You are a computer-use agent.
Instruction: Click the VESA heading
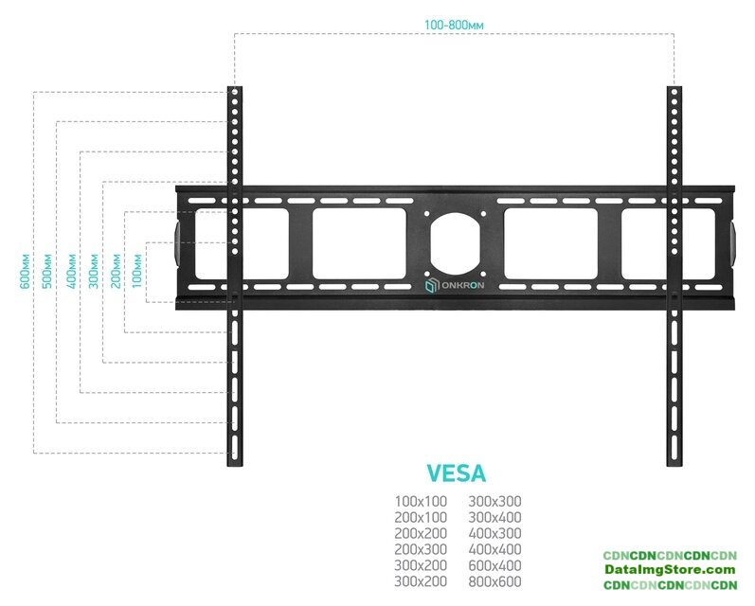click(x=457, y=473)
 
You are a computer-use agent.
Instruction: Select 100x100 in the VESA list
click(x=419, y=501)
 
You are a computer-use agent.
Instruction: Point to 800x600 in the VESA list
click(x=495, y=580)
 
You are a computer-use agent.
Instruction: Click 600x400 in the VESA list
click(x=495, y=564)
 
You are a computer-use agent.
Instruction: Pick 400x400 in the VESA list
click(x=495, y=548)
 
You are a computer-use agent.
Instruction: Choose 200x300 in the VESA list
click(x=419, y=548)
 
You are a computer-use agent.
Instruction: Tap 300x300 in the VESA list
click(x=495, y=501)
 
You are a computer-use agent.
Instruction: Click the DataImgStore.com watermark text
click(x=671, y=570)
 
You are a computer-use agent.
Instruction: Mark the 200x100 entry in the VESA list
click(x=419, y=517)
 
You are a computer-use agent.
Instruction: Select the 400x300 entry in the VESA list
click(x=495, y=533)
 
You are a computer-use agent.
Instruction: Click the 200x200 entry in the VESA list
click(x=419, y=533)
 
